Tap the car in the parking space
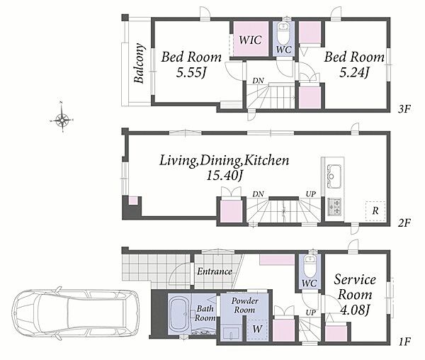76,313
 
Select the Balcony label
140,63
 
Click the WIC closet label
251,40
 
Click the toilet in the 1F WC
310,265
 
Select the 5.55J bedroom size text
191,72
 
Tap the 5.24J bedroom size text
354,72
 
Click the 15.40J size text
224,175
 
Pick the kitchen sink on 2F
334,176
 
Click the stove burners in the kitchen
334,206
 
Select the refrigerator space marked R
375,211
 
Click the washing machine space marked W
257,329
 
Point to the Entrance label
215,271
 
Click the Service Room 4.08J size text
355,310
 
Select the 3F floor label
404,109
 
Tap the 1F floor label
405,342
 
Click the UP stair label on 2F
311,194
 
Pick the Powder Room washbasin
231,333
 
